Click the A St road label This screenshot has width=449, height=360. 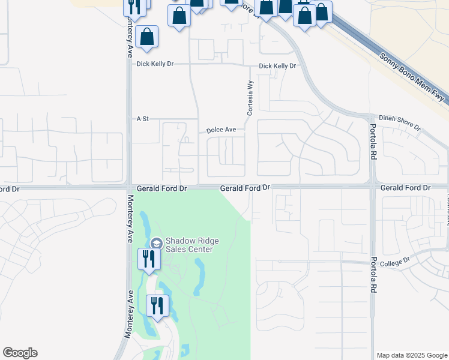pyautogui.click(x=142, y=119)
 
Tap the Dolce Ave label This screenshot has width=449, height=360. pyautogui.click(x=221, y=130)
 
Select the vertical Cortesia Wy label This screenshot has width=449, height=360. pyautogui.click(x=251, y=98)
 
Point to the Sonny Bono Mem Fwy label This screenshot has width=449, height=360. pyautogui.click(x=412, y=79)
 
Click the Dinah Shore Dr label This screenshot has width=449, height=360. pyautogui.click(x=400, y=122)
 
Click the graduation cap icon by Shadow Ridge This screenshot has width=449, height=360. pyautogui.click(x=156, y=243)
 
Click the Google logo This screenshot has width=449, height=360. pyautogui.click(x=20, y=353)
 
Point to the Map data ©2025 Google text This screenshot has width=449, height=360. pyautogui.click(x=411, y=355)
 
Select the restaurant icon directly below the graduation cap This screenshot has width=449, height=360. pyautogui.click(x=148, y=259)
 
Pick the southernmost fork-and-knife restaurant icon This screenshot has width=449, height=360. pyautogui.click(x=156, y=305)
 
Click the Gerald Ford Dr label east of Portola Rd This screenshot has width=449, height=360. pyautogui.click(x=406, y=188)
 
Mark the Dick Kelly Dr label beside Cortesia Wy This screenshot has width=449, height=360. pyautogui.click(x=277, y=66)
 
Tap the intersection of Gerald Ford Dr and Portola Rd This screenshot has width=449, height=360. pyautogui.click(x=373, y=187)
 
